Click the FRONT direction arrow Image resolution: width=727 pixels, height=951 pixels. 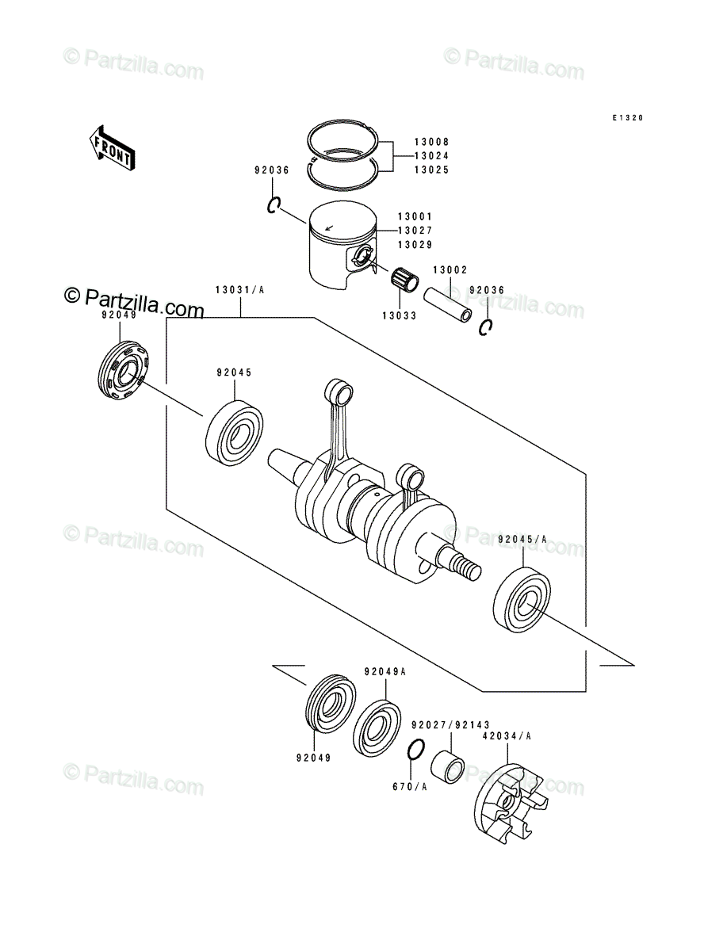pyautogui.click(x=113, y=148)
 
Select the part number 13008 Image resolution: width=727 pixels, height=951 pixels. pyautogui.click(x=431, y=142)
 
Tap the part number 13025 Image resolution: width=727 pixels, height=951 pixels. pyautogui.click(x=431, y=170)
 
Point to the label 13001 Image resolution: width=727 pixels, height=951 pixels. pyautogui.click(x=415, y=216)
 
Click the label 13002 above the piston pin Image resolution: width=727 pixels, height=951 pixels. pyautogui.click(x=450, y=270)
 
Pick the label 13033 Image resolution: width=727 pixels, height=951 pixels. pyautogui.click(x=399, y=316)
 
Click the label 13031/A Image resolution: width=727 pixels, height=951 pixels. pyautogui.click(x=239, y=290)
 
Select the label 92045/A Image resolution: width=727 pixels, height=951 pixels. pyautogui.click(x=522, y=539)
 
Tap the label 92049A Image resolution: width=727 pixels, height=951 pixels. pyautogui.click(x=385, y=671)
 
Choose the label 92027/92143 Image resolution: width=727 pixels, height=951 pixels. pyautogui.click(x=450, y=725)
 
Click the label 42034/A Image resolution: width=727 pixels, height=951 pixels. pyautogui.click(x=507, y=735)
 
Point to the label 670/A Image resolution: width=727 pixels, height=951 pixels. pyautogui.click(x=409, y=786)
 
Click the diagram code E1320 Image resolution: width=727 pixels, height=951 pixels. pyautogui.click(x=628, y=118)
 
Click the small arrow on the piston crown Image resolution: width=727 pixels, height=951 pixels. pyautogui.click(x=329, y=227)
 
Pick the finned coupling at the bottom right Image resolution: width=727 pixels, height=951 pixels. pyautogui.click(x=511, y=804)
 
